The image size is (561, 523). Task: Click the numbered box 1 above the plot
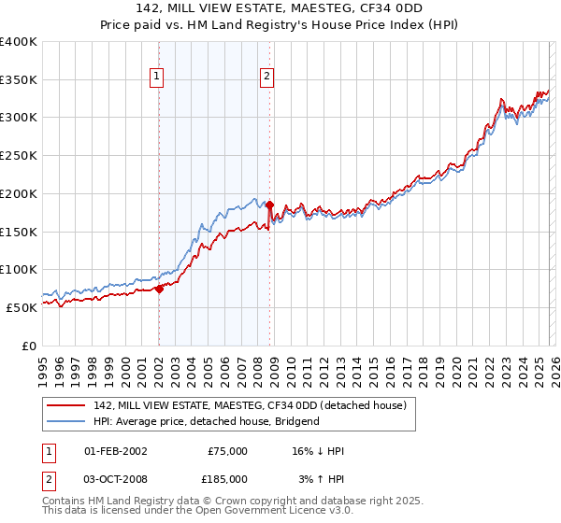156,78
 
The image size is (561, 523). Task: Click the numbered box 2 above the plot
267,78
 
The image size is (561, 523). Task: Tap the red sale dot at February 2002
159,289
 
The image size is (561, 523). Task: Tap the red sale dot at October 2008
269,205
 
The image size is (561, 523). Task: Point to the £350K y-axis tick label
19,80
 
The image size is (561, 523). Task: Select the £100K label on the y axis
19,269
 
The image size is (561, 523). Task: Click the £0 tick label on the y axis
30,345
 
